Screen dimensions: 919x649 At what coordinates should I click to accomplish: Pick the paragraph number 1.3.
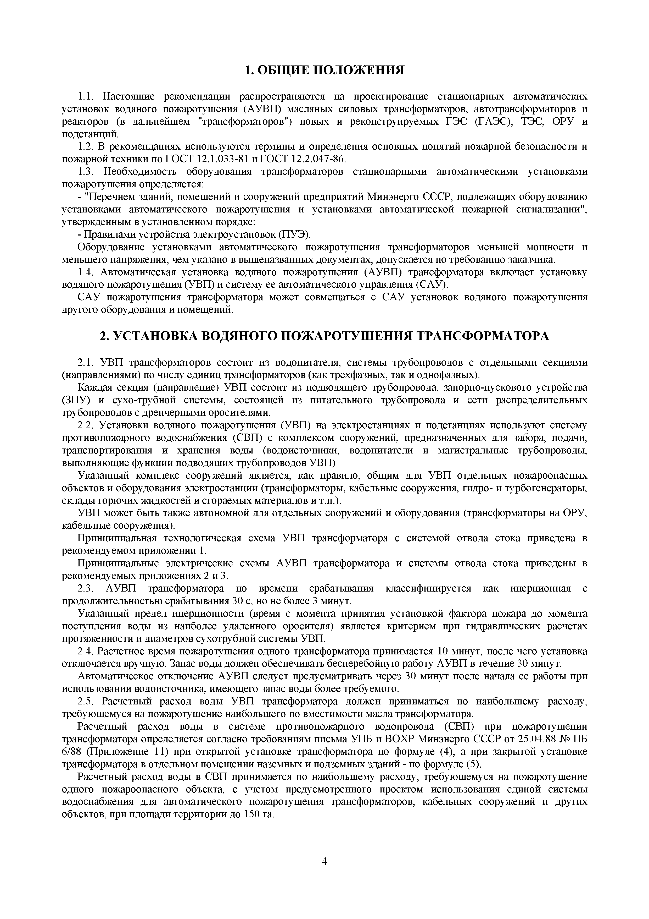pos(85,172)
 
